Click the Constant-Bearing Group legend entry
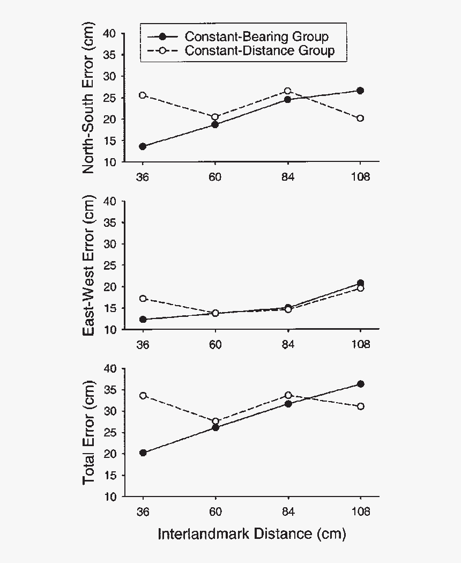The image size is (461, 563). click(256, 36)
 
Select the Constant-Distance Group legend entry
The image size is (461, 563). click(259, 50)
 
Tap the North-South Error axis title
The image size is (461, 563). click(89, 98)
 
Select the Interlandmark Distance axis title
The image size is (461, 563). click(251, 534)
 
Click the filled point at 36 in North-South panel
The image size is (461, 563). click(143, 146)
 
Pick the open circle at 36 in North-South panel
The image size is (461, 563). click(143, 95)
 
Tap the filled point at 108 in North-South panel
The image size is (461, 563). click(360, 91)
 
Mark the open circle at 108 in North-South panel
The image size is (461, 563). click(360, 118)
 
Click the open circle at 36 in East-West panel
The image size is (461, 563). click(143, 299)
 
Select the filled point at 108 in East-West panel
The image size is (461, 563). click(360, 283)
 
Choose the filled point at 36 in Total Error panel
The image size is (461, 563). click(143, 453)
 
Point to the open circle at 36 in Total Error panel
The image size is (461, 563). click(143, 396)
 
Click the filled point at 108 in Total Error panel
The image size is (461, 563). click(360, 384)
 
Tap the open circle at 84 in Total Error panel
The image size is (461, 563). click(288, 395)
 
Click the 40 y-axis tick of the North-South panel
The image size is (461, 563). click(110, 33)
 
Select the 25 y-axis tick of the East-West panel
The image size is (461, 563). click(110, 265)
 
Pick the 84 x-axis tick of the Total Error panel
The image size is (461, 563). click(288, 511)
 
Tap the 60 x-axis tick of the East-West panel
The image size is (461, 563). click(215, 344)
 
